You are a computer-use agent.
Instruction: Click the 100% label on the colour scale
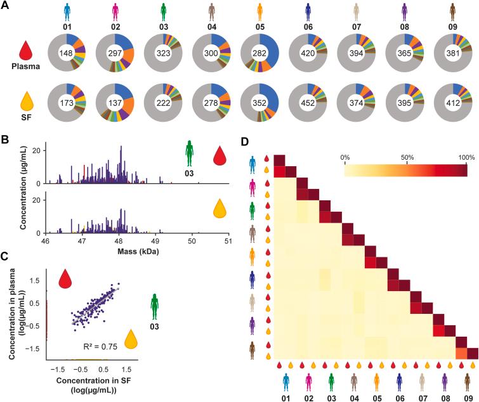pos(466,157)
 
